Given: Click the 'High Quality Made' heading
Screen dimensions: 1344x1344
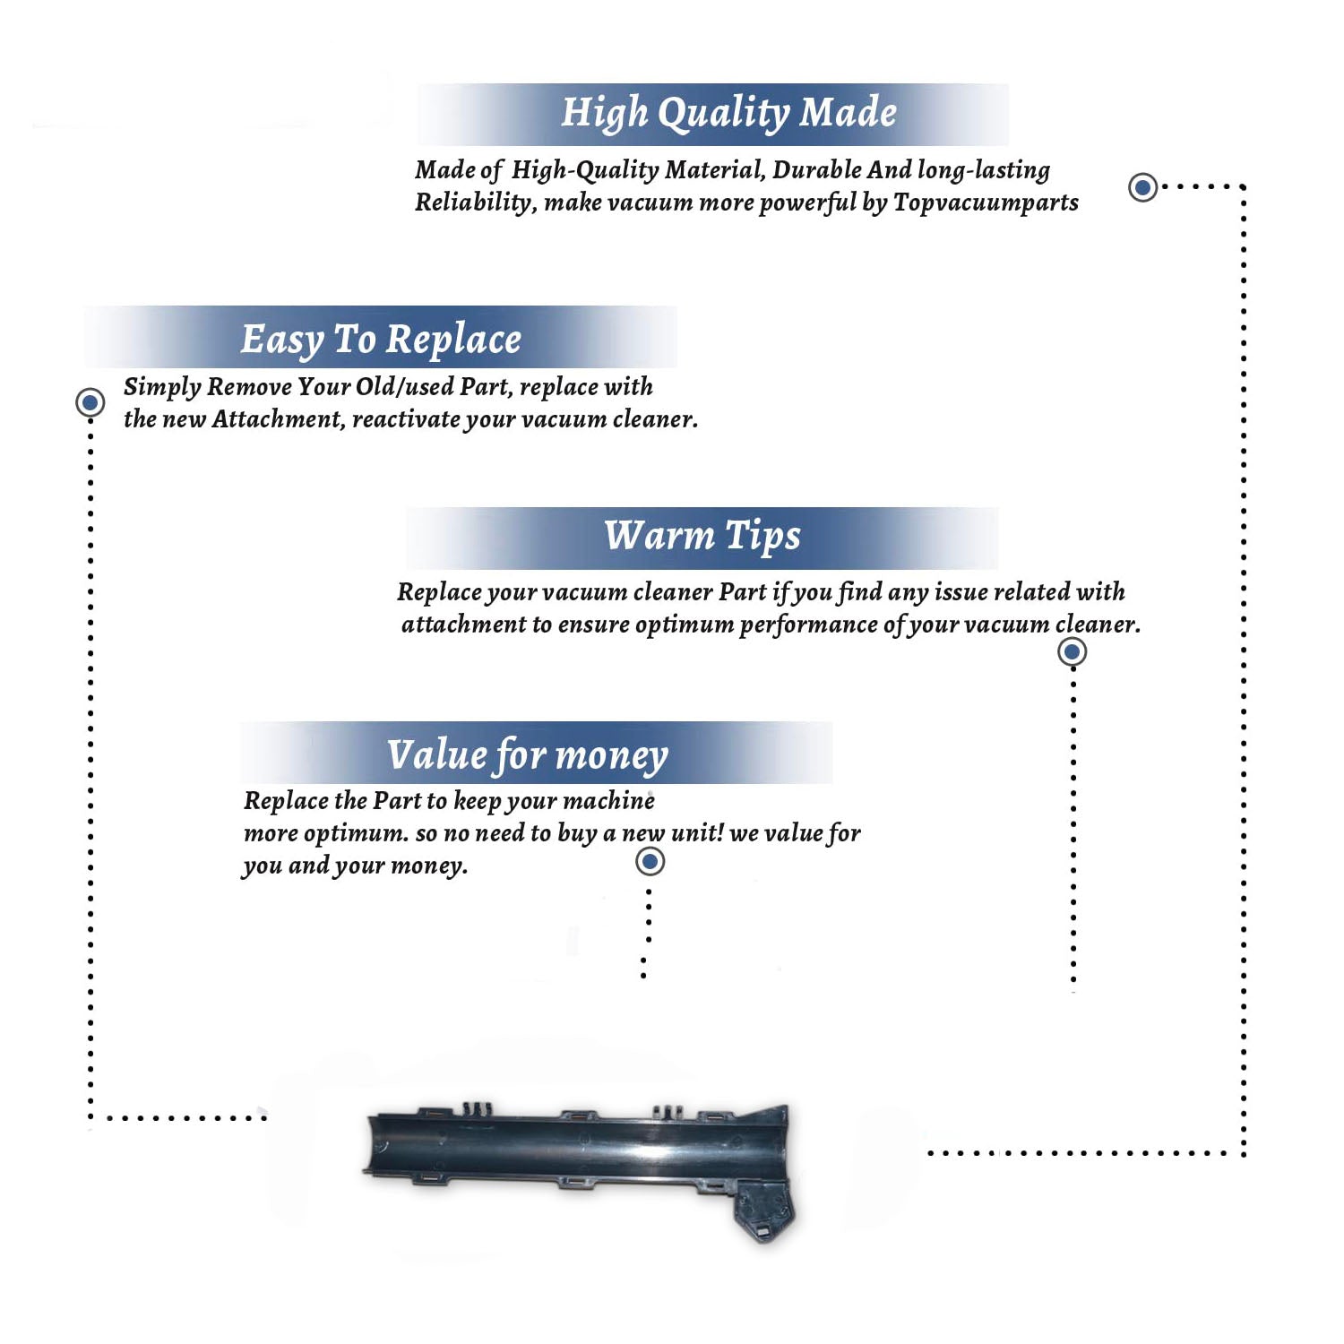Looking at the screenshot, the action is (x=728, y=114).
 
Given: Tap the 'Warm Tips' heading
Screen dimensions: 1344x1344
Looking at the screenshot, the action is (x=702, y=536).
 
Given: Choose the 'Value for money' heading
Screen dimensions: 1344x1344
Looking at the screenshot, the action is (x=527, y=755).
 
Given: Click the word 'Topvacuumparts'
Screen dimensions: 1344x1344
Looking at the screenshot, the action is (x=986, y=203).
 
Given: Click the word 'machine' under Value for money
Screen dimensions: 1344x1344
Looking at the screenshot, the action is (x=612, y=800).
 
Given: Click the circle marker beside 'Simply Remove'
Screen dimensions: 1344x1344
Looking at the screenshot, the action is (x=90, y=402).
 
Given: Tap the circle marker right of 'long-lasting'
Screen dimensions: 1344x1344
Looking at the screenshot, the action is (x=1142, y=187).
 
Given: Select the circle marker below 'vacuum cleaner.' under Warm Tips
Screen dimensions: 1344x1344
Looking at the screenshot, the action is (x=1072, y=651).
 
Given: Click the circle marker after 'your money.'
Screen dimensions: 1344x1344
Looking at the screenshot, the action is (x=650, y=862).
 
